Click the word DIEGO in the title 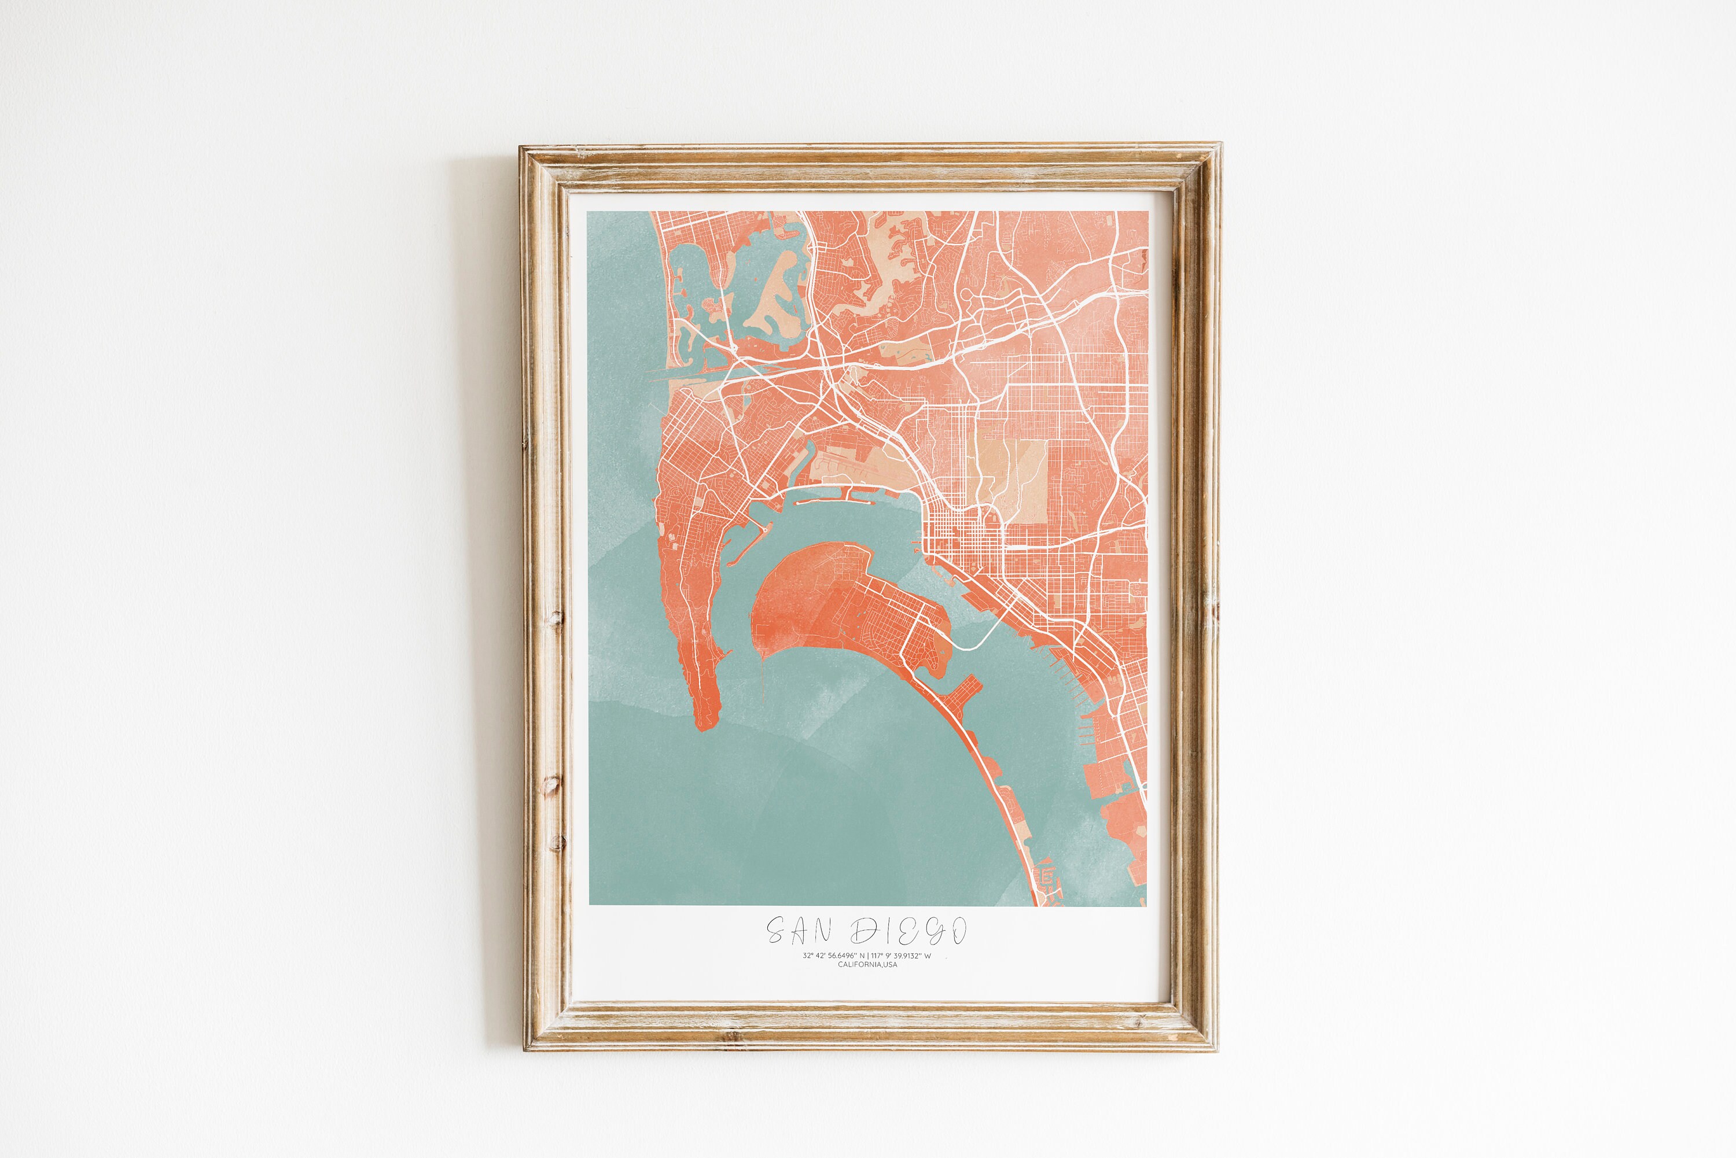(x=908, y=931)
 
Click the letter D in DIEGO (x=865, y=931)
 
